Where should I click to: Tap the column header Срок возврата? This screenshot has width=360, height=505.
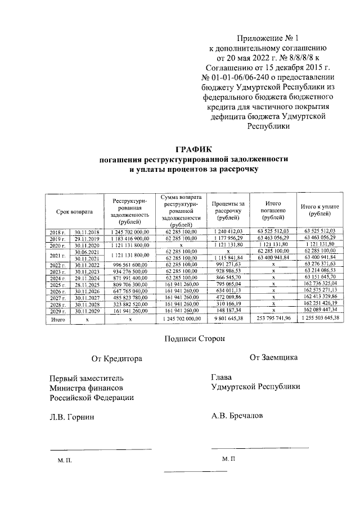click(x=74, y=211)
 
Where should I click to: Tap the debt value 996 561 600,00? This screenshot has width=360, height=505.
click(x=129, y=265)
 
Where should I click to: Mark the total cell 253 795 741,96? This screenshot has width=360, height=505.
click(x=273, y=319)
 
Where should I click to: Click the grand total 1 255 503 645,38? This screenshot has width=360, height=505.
click(x=320, y=319)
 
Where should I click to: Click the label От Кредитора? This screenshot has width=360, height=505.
click(x=117, y=358)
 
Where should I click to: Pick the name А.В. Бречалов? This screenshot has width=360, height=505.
click(x=236, y=416)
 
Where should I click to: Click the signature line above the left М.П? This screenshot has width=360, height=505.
click(x=100, y=448)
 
